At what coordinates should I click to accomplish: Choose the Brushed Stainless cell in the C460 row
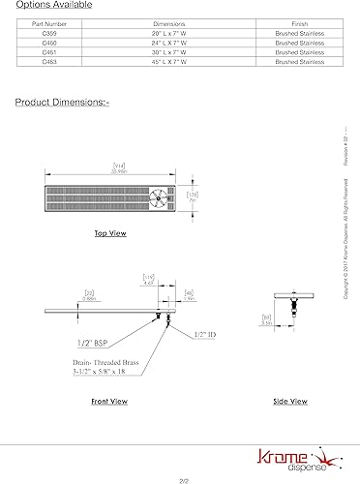(x=300, y=43)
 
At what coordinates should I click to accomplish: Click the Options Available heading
(x=55, y=4)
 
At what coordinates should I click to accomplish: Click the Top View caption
(x=110, y=233)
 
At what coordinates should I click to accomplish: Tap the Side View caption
(x=289, y=400)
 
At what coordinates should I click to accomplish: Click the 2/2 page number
(x=180, y=478)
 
